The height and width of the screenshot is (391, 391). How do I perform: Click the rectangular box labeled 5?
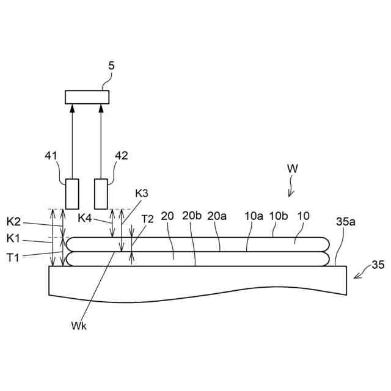click(87, 97)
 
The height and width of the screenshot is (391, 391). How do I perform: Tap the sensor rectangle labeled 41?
click(72, 193)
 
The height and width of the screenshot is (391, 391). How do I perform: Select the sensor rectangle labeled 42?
click(101, 193)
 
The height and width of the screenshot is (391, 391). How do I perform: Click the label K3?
click(142, 194)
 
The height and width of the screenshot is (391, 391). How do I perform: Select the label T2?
click(147, 218)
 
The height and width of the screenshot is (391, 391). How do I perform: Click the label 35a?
click(345, 222)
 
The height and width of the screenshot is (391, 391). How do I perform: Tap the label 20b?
click(191, 216)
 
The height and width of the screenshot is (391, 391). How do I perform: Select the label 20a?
click(217, 216)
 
